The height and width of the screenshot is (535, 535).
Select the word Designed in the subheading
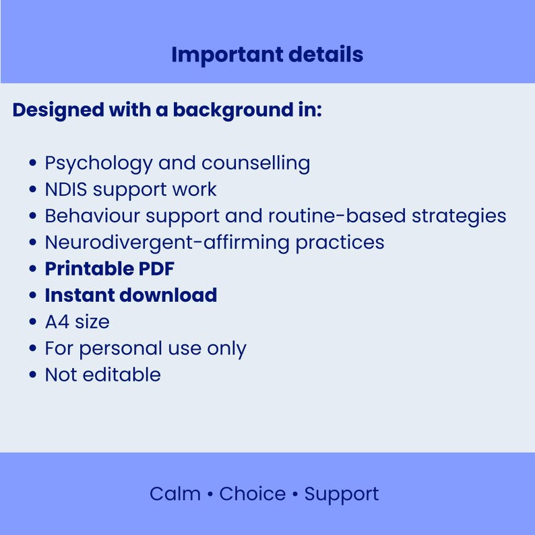tap(58, 110)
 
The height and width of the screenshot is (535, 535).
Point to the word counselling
tap(255, 163)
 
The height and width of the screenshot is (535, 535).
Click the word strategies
tap(460, 216)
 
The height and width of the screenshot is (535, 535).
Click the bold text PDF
tap(157, 269)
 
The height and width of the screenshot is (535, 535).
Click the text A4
tap(56, 322)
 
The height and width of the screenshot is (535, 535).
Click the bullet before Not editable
tap(32, 375)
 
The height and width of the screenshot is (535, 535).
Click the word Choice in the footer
tap(252, 494)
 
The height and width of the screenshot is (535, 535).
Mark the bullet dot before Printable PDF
tap(32, 270)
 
